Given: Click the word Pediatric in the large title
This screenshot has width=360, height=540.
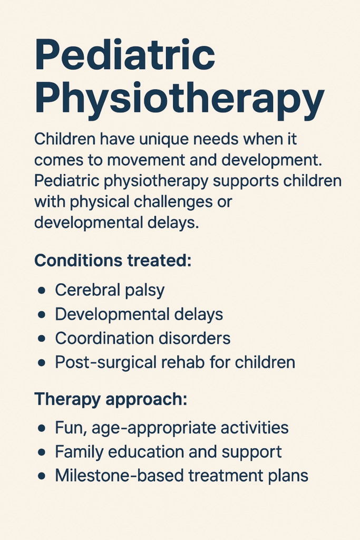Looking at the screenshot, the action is click(x=125, y=54).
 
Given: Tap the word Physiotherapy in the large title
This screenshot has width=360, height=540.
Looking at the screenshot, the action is click(x=179, y=98).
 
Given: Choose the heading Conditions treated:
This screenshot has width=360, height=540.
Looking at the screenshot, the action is click(x=113, y=260).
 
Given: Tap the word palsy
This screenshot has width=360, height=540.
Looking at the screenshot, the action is click(x=144, y=291).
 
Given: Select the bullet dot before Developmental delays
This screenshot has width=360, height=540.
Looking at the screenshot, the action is click(x=42, y=314).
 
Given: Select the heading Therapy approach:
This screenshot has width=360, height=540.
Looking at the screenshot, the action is click(x=111, y=400).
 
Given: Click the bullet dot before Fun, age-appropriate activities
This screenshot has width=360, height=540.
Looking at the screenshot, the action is click(x=42, y=428).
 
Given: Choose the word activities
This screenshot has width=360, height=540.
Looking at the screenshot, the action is click(x=255, y=427).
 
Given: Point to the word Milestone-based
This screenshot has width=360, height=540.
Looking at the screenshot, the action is click(x=119, y=476).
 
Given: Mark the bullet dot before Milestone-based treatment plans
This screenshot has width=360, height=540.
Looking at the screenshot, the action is click(x=42, y=476).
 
